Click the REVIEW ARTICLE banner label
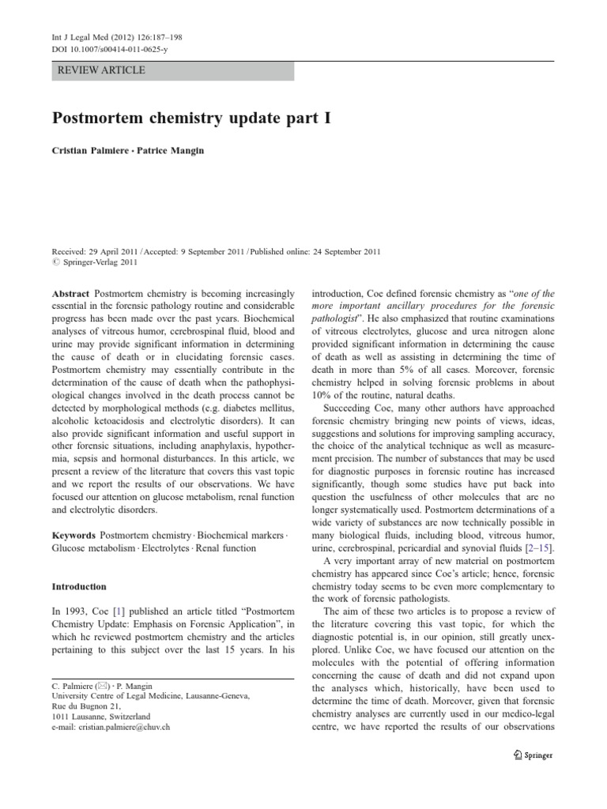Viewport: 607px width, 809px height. coord(102,70)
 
